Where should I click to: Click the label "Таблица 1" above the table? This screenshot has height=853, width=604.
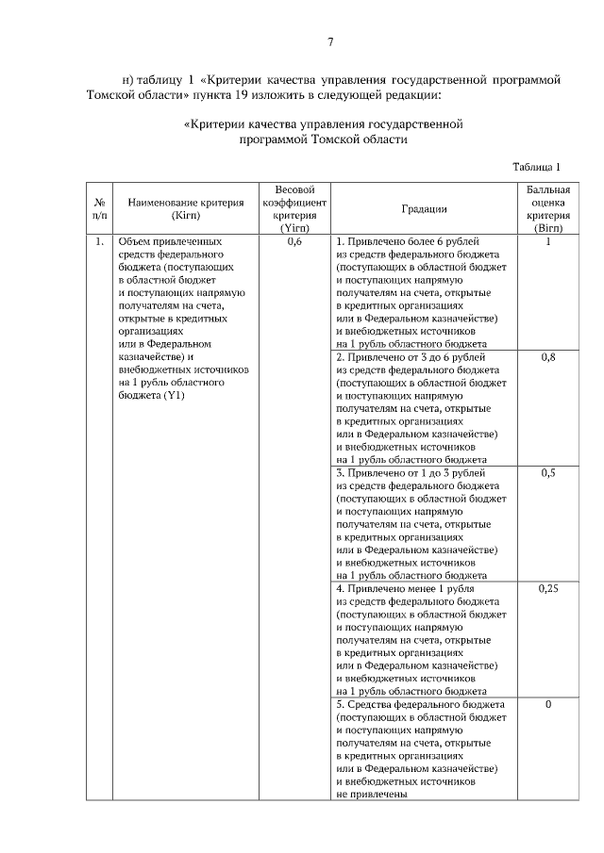536,167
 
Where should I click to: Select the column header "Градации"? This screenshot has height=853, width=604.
424,209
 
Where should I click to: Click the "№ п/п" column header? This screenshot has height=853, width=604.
98,208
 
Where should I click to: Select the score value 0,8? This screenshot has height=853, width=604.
547,358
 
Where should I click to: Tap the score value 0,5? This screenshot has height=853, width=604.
547,473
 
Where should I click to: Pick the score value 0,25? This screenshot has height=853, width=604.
547,588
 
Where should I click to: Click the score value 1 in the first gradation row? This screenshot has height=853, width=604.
547,242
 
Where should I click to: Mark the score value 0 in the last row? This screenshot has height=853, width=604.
547,704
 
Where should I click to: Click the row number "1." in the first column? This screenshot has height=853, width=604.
98,242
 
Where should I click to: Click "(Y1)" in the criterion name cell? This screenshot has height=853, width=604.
174,397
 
